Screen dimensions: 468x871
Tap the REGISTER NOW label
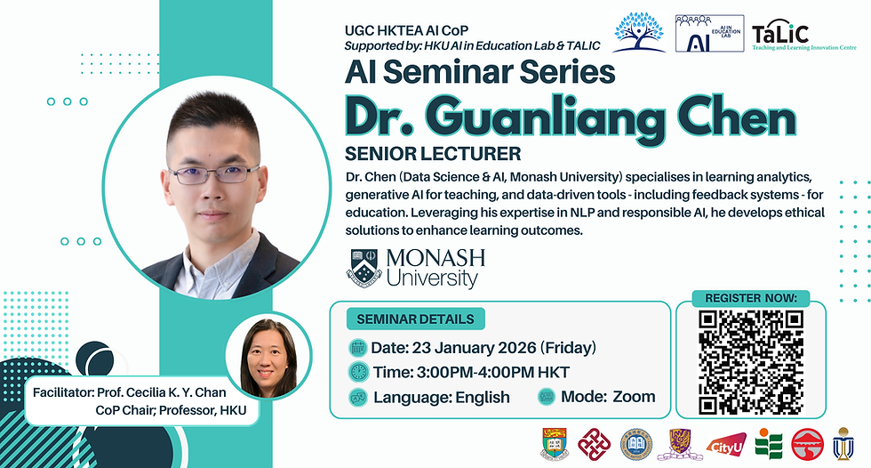(x=750, y=298)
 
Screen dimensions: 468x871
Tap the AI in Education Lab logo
(x=709, y=33)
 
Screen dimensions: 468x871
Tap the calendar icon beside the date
(x=358, y=348)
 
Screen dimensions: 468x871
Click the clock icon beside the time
(x=358, y=372)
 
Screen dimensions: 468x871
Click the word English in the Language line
(x=483, y=398)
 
